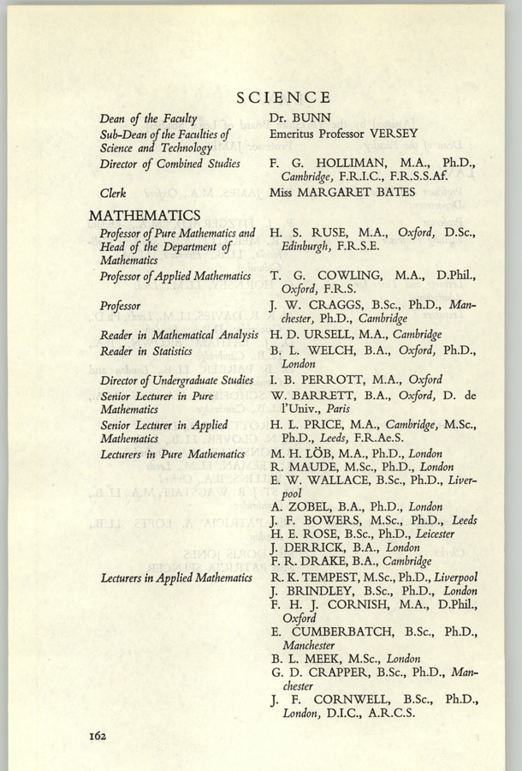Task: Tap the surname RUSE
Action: pos(327,231)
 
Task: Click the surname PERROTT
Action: pos(326,380)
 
